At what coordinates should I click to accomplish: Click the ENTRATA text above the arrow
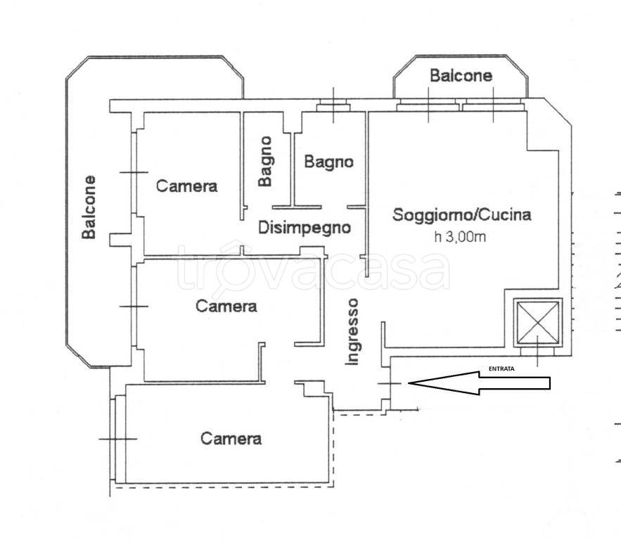pyautogui.click(x=501, y=368)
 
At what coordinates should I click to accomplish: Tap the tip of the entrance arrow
pyautogui.click(x=409, y=382)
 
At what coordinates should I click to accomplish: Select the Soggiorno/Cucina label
pyautogui.click(x=462, y=214)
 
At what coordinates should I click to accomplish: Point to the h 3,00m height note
pyautogui.click(x=460, y=237)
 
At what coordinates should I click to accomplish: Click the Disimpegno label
pyautogui.click(x=305, y=228)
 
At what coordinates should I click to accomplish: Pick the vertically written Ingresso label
pyautogui.click(x=352, y=332)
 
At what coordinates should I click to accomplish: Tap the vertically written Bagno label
pyautogui.click(x=265, y=162)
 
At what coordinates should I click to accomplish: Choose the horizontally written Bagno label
pyautogui.click(x=328, y=162)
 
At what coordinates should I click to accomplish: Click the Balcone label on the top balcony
pyautogui.click(x=461, y=76)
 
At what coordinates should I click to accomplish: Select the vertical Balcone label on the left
pyautogui.click(x=89, y=207)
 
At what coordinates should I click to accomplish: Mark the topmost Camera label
pyautogui.click(x=187, y=186)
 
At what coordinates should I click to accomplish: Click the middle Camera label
pyautogui.click(x=226, y=306)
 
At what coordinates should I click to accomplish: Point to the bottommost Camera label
pyautogui.click(x=231, y=438)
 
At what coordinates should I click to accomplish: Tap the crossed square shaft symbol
pyautogui.click(x=538, y=322)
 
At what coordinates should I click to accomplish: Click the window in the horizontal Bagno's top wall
pyautogui.click(x=333, y=108)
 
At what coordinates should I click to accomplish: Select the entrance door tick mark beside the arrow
pyautogui.click(x=390, y=383)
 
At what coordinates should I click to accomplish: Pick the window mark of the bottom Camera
pyautogui.click(x=118, y=439)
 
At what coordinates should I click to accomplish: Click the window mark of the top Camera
pyautogui.click(x=134, y=172)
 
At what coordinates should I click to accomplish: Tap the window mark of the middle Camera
pyautogui.click(x=134, y=307)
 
